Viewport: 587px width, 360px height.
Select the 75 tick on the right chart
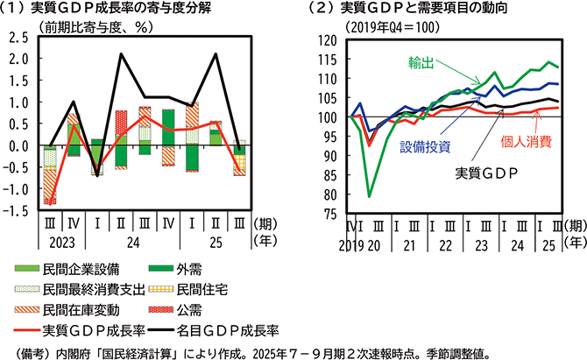pyautogui.click(x=329, y=212)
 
